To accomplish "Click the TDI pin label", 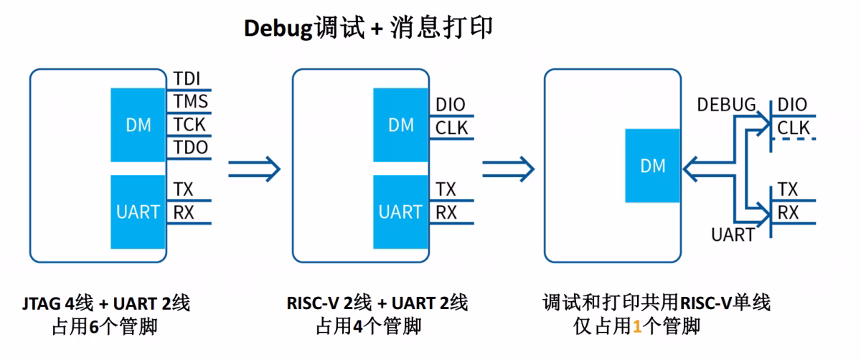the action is [187, 79].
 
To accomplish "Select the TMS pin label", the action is [191, 101].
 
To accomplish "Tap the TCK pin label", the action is [189, 125].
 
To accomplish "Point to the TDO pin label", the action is [191, 147].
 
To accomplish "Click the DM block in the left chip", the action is [138, 125].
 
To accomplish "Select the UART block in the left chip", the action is [138, 212].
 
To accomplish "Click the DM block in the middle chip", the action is [400, 125].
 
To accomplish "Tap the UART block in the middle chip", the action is [400, 212].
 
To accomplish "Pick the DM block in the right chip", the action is [652, 166].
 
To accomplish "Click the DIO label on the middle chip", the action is [451, 105].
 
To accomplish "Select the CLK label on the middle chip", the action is [451, 128].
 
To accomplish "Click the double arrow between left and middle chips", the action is [255, 169].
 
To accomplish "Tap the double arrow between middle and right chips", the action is [509, 169].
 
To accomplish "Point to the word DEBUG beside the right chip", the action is [726, 105].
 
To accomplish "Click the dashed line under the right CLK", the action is [794, 138].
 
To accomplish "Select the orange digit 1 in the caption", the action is [637, 326].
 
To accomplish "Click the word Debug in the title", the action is [278, 29].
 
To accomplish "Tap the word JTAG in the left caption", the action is [42, 303].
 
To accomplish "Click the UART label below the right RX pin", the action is [733, 235].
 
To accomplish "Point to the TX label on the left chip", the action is [183, 189].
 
